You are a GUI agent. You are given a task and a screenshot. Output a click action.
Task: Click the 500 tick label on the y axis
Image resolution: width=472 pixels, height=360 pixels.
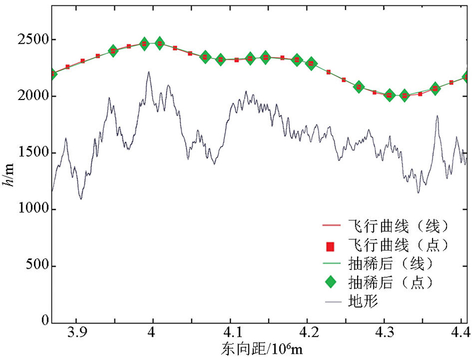click(x=38, y=266)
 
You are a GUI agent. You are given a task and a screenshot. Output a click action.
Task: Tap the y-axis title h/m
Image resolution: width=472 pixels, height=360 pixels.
click(x=11, y=174)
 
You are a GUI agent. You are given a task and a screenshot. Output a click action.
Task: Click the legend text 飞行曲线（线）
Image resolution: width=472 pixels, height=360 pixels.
click(x=398, y=226)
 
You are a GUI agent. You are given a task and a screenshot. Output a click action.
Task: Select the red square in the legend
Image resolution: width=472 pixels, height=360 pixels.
click(x=330, y=245)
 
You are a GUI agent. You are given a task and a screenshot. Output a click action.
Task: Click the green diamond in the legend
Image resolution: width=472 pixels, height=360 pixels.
click(x=330, y=282)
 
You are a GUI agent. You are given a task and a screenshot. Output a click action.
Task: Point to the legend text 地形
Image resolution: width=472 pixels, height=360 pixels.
click(x=360, y=302)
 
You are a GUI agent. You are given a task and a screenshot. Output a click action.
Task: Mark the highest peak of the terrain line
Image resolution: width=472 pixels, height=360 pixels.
click(x=149, y=72)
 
